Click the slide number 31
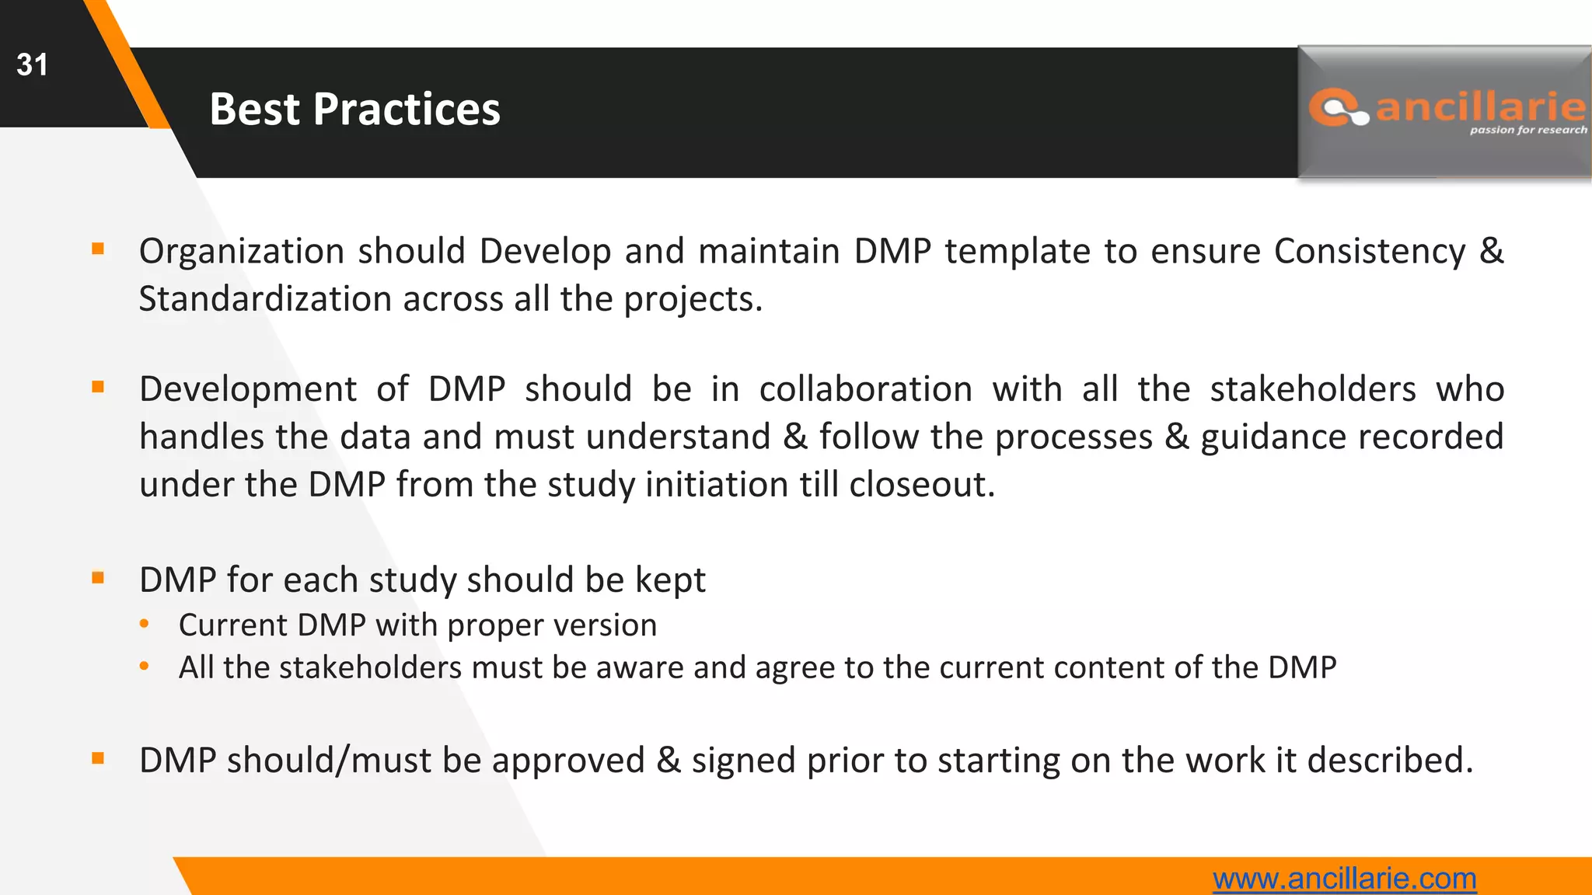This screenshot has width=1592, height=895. click(32, 64)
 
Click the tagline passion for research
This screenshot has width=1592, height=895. click(1527, 130)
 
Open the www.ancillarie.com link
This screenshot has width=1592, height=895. click(1344, 879)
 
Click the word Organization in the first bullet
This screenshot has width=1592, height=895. click(241, 252)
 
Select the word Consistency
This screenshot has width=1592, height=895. click(1369, 252)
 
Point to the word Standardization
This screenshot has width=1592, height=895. click(264, 299)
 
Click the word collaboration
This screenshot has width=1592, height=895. click(865, 389)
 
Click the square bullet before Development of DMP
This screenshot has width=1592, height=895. click(98, 387)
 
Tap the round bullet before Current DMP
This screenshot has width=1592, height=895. click(144, 624)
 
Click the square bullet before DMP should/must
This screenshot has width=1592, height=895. click(98, 758)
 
